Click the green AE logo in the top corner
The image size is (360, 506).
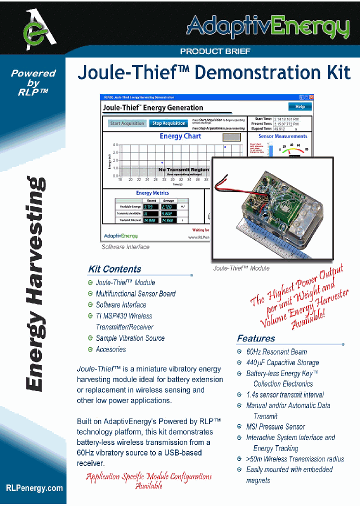pos(35,28)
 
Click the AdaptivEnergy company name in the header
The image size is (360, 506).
pos(267,26)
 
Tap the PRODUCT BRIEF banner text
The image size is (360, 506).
pos(215,51)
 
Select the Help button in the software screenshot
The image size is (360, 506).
pos(300,106)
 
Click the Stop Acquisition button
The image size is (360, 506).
pos(169,123)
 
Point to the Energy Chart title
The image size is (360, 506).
pos(180,136)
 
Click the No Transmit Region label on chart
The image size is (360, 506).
pos(183,170)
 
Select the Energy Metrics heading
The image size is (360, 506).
pos(152,193)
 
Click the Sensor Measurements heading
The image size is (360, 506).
pos(282,136)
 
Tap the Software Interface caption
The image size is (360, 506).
pos(125,247)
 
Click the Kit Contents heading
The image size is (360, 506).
pos(114,269)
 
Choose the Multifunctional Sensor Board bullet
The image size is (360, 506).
pos(135,293)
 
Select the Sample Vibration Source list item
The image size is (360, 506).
pos(130,338)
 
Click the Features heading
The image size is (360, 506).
pos(256,338)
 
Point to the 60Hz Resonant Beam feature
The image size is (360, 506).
pos(276,351)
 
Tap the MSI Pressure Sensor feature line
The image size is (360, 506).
pos(275,426)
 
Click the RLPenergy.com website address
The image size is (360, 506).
pos(34,488)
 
